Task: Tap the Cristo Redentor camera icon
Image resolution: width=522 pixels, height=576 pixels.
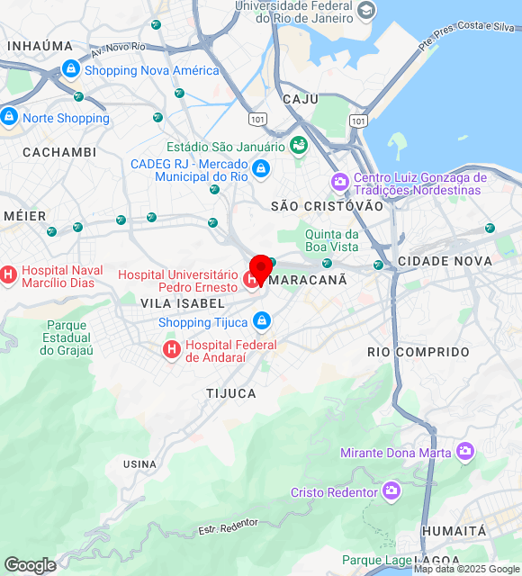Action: (x=391, y=491)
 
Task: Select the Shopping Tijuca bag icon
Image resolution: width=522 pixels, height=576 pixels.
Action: (x=262, y=321)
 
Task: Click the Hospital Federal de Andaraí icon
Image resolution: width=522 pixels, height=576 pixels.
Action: (x=170, y=347)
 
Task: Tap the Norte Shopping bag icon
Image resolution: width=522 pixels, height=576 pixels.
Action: (x=9, y=117)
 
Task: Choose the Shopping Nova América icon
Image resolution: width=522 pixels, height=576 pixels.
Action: (x=71, y=69)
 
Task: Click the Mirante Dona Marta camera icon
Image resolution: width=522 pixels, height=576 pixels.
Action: (x=464, y=452)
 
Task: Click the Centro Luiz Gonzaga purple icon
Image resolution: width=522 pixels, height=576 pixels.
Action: (x=339, y=182)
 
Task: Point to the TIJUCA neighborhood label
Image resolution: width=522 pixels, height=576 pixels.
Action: (x=231, y=393)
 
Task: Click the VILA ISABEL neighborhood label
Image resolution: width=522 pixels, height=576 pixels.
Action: (x=183, y=303)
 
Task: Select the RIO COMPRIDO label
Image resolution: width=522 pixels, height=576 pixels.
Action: (x=418, y=352)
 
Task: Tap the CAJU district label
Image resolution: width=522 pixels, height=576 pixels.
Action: (x=301, y=99)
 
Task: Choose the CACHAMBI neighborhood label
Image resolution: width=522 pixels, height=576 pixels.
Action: (x=59, y=152)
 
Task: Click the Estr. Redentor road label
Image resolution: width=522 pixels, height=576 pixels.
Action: (x=228, y=526)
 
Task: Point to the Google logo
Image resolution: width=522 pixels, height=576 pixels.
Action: (x=30, y=565)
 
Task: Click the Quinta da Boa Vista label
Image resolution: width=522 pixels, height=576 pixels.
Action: (x=332, y=240)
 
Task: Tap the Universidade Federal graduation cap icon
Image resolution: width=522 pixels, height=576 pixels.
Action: (x=366, y=11)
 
